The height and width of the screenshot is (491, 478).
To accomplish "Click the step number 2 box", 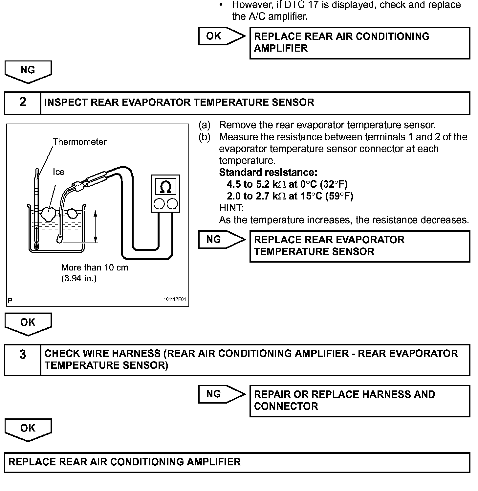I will click(22, 103).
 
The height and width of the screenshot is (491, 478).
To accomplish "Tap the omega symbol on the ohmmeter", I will click(165, 187).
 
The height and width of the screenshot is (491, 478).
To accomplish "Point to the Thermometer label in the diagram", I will click(80, 142).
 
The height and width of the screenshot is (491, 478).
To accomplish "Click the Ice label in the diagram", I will click(59, 172).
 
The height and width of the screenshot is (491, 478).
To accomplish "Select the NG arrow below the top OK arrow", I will click(28, 71).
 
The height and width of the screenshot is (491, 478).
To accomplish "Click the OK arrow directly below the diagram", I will click(28, 323).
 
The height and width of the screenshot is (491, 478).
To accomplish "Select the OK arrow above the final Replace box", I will click(28, 429).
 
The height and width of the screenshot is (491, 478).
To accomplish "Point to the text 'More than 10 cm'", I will click(95, 268).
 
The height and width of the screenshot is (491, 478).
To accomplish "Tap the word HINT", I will click(231, 208).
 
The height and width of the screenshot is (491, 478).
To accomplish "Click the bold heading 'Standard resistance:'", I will click(268, 172).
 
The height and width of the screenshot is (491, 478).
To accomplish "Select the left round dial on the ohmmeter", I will click(159, 204).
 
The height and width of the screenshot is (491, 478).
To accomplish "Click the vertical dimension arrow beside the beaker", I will click(95, 227).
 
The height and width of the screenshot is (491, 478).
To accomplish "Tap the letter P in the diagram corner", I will click(10, 300).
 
